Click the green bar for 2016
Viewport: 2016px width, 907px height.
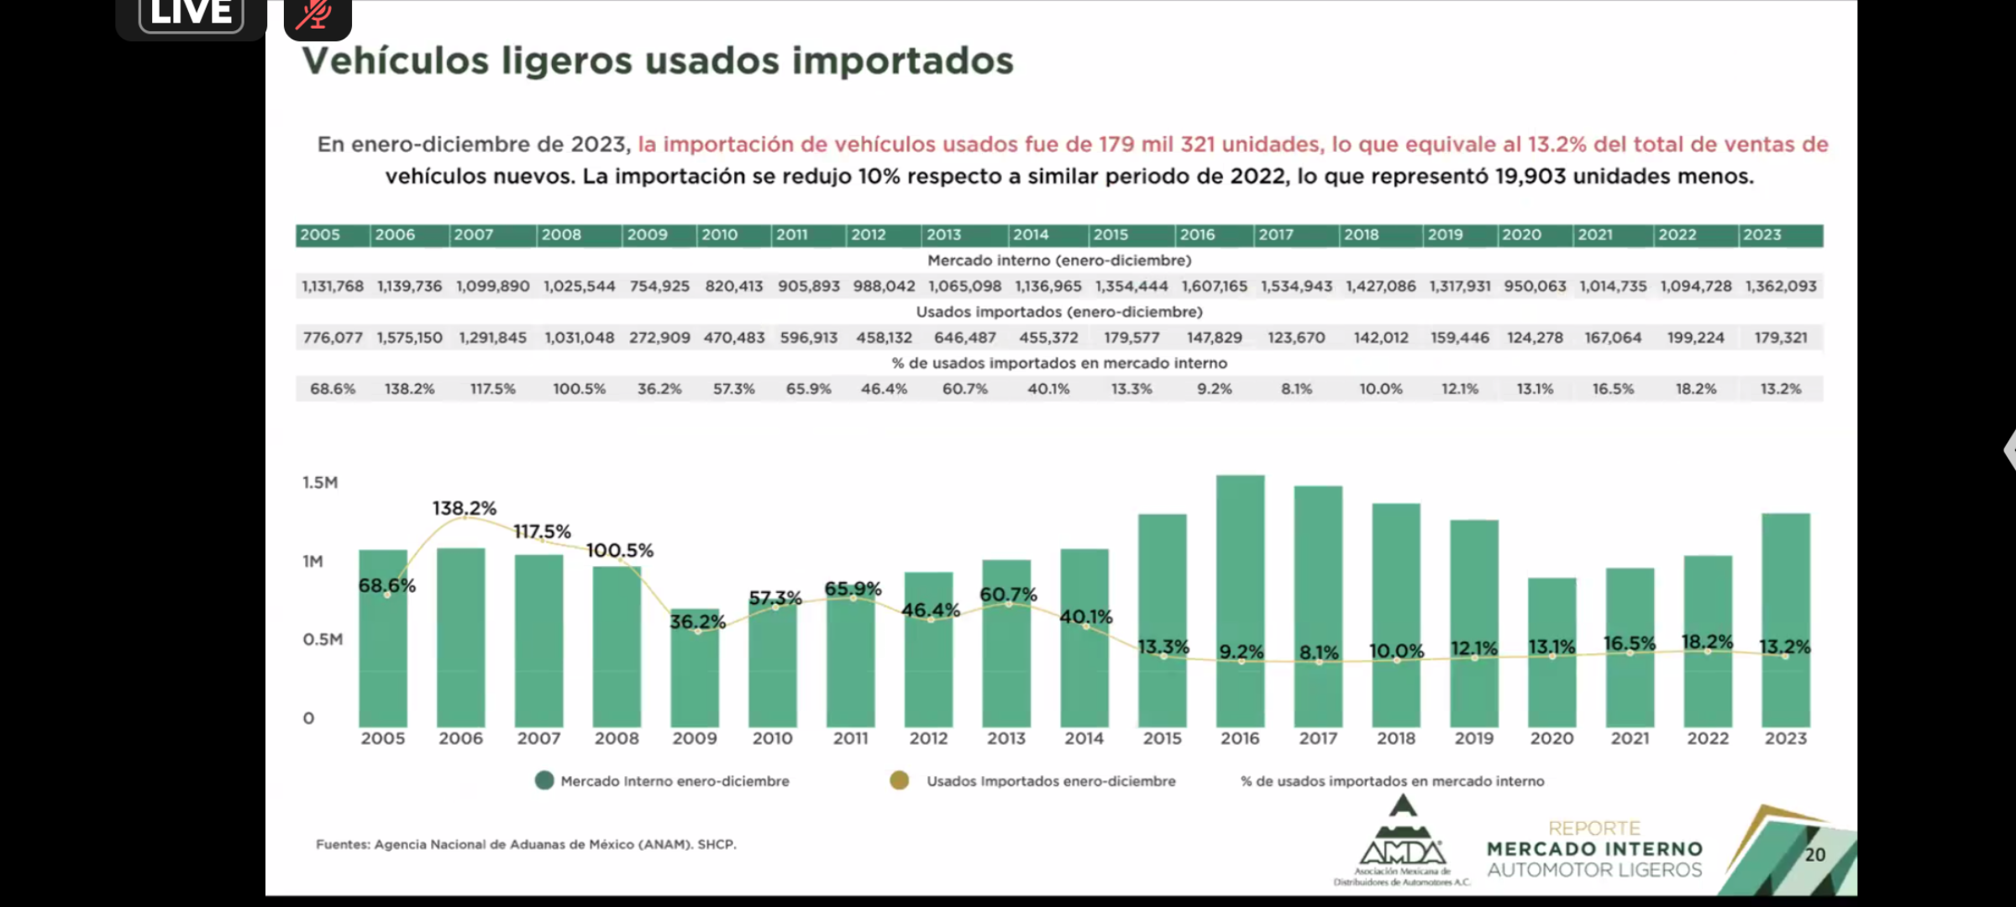point(1240,571)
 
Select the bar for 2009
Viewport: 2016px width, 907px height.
point(695,680)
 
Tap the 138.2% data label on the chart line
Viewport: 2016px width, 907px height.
point(465,508)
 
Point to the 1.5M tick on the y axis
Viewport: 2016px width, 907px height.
point(320,482)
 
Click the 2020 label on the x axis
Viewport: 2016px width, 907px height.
point(1551,738)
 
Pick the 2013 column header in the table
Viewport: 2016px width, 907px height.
point(944,235)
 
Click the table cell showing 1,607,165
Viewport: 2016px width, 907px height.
point(1215,286)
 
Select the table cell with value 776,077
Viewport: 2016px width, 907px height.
point(333,338)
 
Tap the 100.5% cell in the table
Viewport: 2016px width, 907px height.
point(579,389)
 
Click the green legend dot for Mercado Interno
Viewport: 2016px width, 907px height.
point(544,781)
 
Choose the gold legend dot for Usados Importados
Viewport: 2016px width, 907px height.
point(900,781)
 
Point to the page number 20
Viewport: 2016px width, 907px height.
point(1815,854)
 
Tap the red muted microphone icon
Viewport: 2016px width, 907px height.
point(317,15)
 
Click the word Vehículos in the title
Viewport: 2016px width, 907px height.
point(395,61)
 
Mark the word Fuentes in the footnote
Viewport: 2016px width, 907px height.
point(342,844)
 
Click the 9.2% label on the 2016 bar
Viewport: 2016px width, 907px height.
point(1241,652)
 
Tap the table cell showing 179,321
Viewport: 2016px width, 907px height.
point(1781,338)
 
